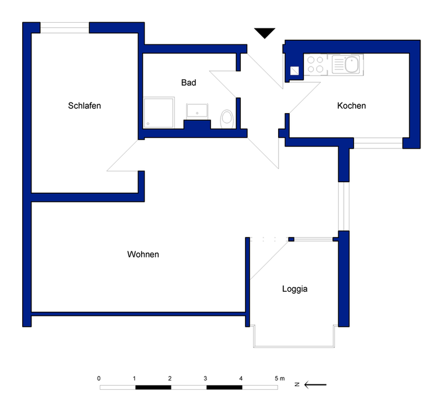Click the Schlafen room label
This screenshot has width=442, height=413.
click(85, 105)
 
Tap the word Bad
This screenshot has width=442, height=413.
click(188, 83)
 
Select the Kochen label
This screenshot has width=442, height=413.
click(352, 105)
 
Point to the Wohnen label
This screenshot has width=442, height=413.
click(143, 255)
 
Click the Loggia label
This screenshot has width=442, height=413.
click(294, 288)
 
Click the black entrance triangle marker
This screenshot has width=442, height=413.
click(265, 33)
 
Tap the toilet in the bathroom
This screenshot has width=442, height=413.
click(227, 118)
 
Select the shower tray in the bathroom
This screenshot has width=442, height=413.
click(159, 113)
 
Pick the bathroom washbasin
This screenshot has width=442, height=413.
click(197, 110)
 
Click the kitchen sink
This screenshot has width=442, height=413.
click(352, 64)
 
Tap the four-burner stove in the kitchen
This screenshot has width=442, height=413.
click(315, 64)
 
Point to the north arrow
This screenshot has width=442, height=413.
click(315, 384)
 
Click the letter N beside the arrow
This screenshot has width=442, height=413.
click(297, 384)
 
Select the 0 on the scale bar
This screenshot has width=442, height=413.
click(99, 379)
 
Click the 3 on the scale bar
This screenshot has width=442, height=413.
click(205, 379)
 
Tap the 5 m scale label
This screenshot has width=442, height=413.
click(279, 379)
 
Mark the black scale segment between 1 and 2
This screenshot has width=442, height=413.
click(152, 387)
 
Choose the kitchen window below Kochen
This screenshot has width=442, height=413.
click(378, 141)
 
